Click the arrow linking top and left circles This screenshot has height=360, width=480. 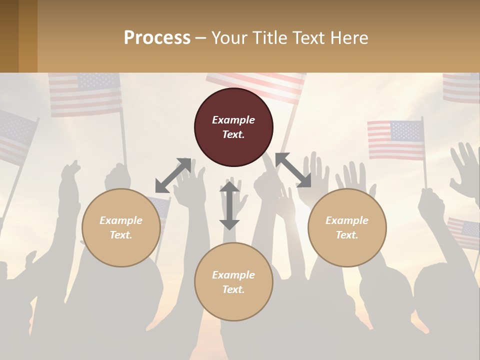pos(173,175)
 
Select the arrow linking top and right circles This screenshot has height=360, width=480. pos(293,170)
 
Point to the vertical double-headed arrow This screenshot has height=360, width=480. pos(229,205)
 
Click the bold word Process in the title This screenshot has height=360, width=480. pos(157,37)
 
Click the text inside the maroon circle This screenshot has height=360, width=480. pos(233,127)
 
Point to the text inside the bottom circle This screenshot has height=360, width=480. pos(233,282)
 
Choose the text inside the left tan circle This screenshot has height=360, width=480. pos(121,227)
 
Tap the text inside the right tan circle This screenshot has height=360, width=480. pos(347,227)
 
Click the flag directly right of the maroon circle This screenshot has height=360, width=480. pos(395,139)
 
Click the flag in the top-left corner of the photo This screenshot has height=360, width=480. pos(85,94)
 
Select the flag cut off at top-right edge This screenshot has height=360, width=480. pos(461,87)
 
